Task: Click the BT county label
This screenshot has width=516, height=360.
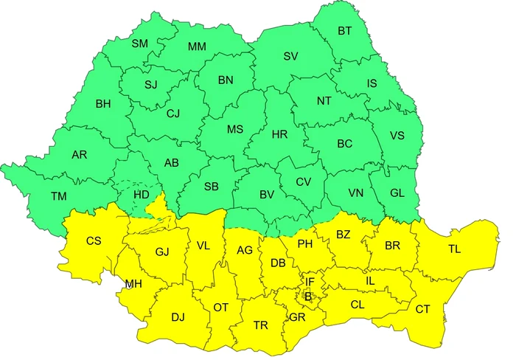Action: [x=345, y=31]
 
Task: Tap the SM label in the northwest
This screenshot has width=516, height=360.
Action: [x=139, y=44]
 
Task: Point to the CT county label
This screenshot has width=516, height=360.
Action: [x=423, y=308]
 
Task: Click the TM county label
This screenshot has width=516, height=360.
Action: [x=58, y=196]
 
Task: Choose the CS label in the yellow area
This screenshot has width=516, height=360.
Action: [x=94, y=240]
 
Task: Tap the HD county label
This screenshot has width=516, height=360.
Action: [x=142, y=194]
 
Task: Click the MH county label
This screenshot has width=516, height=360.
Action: [x=133, y=284]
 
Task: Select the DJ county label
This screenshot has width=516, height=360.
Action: [x=178, y=317]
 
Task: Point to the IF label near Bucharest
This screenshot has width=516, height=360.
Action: [x=310, y=282]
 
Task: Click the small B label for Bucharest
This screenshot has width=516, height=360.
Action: [x=308, y=297]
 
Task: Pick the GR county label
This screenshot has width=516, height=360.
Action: [x=297, y=318]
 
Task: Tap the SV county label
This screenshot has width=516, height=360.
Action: [x=290, y=56]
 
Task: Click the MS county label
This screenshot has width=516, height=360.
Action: [x=234, y=129]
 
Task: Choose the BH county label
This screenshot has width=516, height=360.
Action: [x=103, y=104]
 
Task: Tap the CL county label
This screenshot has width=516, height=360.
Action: [x=358, y=304]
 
